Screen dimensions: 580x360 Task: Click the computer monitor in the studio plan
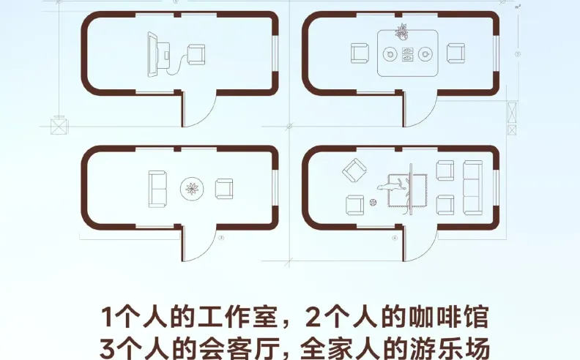pyautogui.click(x=153, y=54)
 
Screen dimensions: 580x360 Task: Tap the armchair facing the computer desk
pyautogui.click(x=196, y=55)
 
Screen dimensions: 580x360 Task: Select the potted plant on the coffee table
pyautogui.click(x=401, y=31)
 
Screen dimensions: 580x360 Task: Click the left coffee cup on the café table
pyautogui.click(x=389, y=54)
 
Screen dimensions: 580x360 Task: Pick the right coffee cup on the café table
pyautogui.click(x=425, y=54)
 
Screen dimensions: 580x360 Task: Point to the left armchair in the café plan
pyautogui.click(x=360, y=53)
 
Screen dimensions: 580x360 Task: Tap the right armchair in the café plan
pyautogui.click(x=456, y=53)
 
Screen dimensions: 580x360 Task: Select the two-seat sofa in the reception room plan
pyautogui.click(x=157, y=189)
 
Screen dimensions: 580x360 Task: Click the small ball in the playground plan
pyautogui.click(x=373, y=202)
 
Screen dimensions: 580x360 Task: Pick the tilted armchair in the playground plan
pyautogui.click(x=354, y=170)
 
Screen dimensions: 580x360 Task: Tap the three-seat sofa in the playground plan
pyautogui.click(x=473, y=187)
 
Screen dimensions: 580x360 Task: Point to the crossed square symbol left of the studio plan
pyautogui.click(x=59, y=126)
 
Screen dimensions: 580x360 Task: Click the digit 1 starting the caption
pyautogui.click(x=107, y=317)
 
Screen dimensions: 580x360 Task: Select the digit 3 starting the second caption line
pyautogui.click(x=107, y=348)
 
